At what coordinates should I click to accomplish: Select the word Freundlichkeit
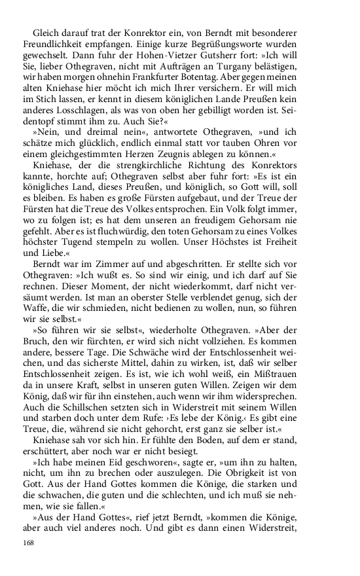tap(55, 45)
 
